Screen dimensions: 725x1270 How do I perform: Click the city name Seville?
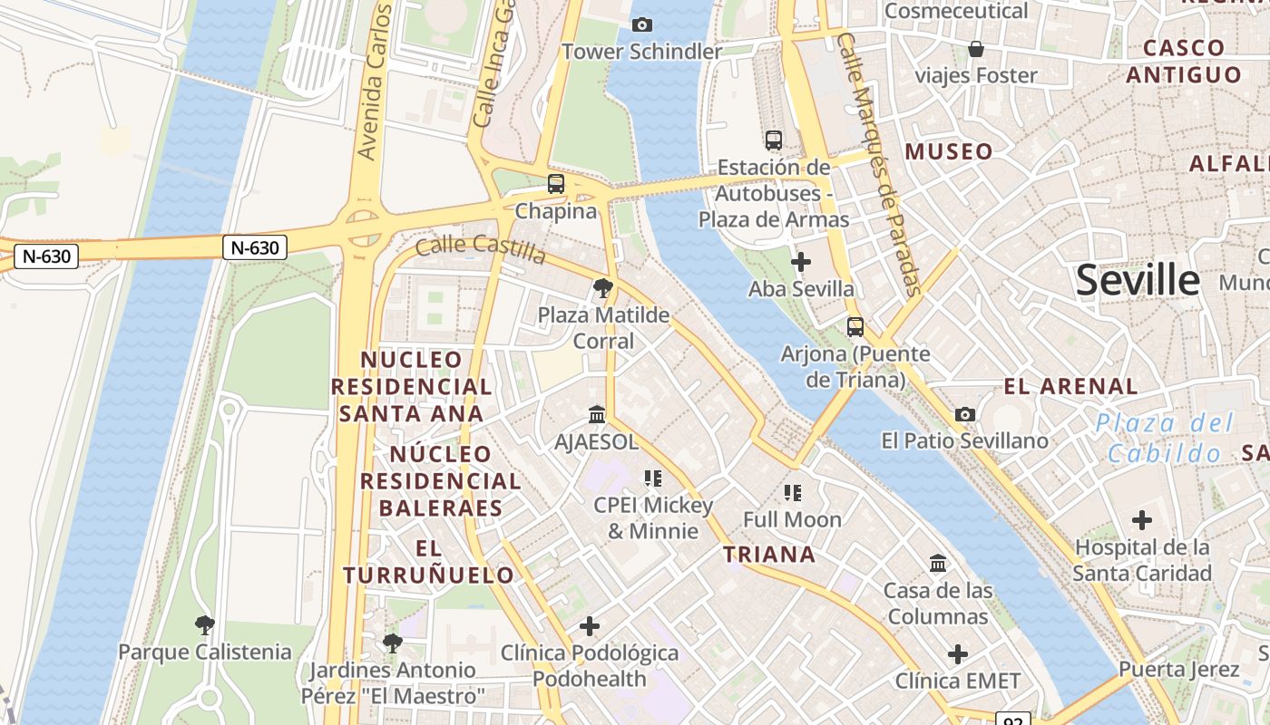coord(1138,281)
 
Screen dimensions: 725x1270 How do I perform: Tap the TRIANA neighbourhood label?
coord(769,555)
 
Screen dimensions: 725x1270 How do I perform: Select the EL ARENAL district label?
coord(1070,387)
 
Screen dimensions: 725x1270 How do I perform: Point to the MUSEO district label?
coord(949,151)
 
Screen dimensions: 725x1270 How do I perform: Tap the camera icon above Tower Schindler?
coord(642,24)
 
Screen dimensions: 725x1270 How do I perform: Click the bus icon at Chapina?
coord(556,184)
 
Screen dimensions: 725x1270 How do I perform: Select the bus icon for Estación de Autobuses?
coord(774,140)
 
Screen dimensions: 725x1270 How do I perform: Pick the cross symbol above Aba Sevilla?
coord(801,263)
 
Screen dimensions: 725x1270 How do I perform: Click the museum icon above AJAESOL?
coord(597,414)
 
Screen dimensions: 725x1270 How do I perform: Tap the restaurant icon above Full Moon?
coord(793,493)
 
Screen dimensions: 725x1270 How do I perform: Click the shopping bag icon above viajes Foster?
coord(976,49)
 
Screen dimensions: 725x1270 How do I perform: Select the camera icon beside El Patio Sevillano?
coord(965,414)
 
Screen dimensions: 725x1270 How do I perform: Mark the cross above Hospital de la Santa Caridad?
coord(1142,520)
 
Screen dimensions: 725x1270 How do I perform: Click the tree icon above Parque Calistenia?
coord(205,624)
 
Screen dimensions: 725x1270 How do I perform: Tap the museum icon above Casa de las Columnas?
coord(938,564)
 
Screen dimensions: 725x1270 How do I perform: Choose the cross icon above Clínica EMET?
coord(958,654)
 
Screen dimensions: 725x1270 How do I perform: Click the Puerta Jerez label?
coord(1178,670)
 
